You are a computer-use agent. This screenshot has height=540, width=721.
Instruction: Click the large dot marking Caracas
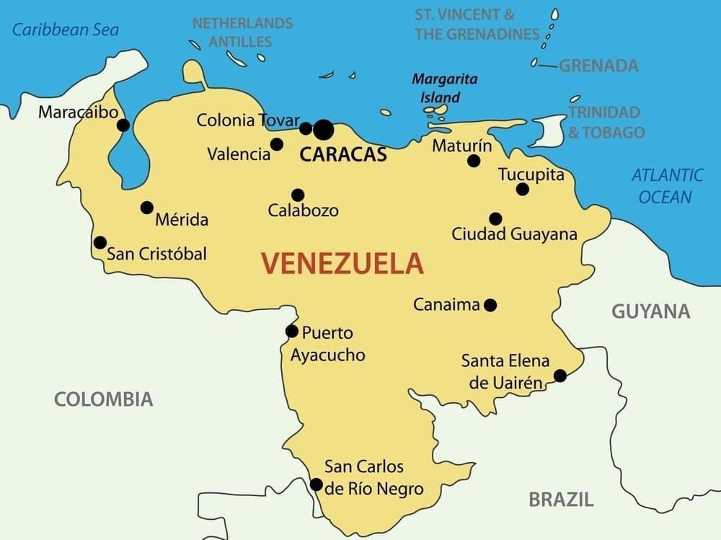tap(324, 130)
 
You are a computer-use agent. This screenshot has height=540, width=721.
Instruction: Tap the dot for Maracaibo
tap(123, 125)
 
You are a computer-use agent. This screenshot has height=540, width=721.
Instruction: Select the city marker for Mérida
tap(147, 208)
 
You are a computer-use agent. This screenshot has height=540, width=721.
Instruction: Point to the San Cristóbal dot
tap(100, 243)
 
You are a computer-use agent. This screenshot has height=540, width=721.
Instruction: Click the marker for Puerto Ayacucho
tap(292, 332)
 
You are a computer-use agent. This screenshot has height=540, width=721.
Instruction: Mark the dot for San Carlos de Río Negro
tap(316, 484)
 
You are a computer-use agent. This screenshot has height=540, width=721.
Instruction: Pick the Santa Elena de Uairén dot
tap(559, 376)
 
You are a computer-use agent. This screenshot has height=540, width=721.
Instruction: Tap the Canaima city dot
tap(490, 305)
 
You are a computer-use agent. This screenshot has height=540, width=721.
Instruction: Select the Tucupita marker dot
tap(523, 190)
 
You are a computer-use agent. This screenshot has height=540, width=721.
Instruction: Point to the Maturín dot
tap(474, 161)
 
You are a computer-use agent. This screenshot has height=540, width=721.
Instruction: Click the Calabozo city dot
tap(298, 195)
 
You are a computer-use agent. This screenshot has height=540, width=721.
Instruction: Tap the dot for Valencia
tap(277, 144)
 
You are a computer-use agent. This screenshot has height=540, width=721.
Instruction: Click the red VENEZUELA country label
tap(342, 264)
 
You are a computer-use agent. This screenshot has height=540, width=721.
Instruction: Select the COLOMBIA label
tap(104, 399)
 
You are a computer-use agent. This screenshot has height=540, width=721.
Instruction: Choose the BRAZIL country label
tap(561, 499)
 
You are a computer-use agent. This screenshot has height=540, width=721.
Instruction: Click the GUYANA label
tap(650, 311)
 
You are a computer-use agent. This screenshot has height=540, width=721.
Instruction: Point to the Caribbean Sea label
tap(66, 30)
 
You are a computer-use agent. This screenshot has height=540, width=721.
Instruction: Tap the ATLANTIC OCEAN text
tap(667, 186)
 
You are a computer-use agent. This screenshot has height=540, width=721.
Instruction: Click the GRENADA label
tap(598, 66)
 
